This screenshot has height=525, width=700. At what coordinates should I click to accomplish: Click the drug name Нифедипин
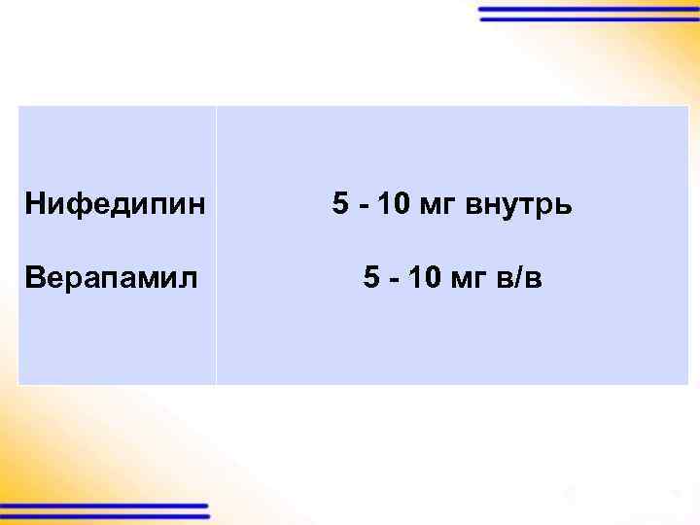pyautogui.click(x=116, y=205)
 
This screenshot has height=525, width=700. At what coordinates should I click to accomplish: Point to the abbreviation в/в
pyautogui.click(x=519, y=279)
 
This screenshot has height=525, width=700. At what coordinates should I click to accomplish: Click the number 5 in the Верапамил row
pyautogui.click(x=370, y=279)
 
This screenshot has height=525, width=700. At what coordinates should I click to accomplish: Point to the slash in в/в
pyautogui.click(x=519, y=279)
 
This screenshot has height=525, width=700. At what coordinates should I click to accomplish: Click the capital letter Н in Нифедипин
pyautogui.click(x=35, y=205)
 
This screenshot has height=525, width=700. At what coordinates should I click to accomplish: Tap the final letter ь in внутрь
pyautogui.click(x=565, y=207)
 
